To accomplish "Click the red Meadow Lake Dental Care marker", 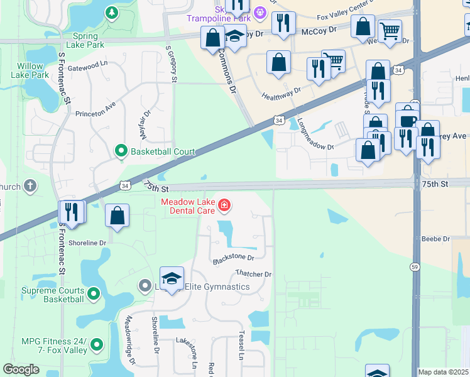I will pos(224,205).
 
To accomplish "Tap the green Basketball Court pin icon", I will pos(121,151).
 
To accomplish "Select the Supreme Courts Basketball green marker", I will pos(94,293).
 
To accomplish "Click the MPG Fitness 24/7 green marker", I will pos(97,344).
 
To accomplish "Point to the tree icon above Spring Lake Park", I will pos(111,13).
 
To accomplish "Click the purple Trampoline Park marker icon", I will pos(259,12).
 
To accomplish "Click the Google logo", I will pos(21,369).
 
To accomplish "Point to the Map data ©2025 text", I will pos(443,372).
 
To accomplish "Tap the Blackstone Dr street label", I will pos(233,258).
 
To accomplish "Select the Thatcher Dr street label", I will pos(253,274).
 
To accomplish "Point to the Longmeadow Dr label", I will pos(315,134).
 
